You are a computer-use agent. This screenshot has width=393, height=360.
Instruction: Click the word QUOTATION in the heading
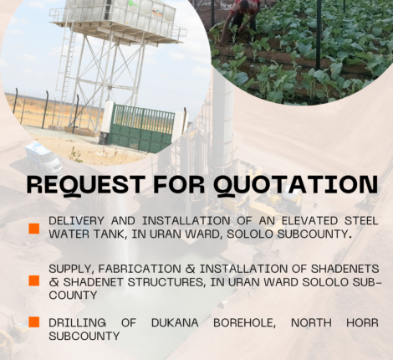(x=296, y=185)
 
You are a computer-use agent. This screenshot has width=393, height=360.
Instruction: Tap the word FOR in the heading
(x=179, y=184)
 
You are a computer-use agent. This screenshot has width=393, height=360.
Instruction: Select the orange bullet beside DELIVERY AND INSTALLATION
(x=34, y=229)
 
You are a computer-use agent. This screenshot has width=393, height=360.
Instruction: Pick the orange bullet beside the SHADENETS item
(x=34, y=280)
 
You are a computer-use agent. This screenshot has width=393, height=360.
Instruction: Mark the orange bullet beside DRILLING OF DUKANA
(x=34, y=321)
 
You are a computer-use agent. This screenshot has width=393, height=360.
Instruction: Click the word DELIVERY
(x=76, y=220)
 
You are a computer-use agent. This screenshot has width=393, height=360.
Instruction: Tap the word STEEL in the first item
(x=361, y=220)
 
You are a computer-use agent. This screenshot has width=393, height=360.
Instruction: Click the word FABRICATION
(x=140, y=269)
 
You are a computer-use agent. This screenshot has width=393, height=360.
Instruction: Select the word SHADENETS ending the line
(x=345, y=269)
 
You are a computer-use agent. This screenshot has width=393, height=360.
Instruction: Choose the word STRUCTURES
(x=166, y=282)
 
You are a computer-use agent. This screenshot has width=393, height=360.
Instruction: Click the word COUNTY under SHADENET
(x=73, y=295)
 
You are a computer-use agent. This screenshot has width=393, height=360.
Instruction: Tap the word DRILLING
(x=77, y=322)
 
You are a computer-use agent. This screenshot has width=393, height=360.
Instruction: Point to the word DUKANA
(x=175, y=322)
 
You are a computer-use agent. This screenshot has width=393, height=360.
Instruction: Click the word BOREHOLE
(x=245, y=323)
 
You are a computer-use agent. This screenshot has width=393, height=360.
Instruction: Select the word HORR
(x=362, y=322)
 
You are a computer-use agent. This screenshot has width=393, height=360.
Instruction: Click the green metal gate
(x=140, y=127)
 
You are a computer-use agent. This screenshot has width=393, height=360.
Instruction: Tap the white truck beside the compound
(x=43, y=157)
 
